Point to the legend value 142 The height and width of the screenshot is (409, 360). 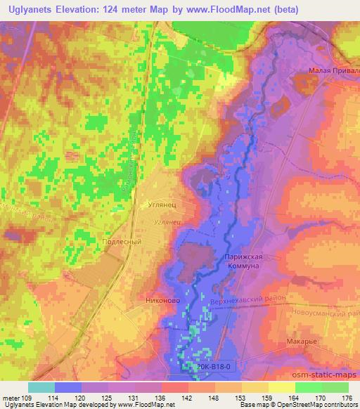coord(188,398)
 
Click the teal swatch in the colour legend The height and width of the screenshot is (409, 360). coord(41,387)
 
